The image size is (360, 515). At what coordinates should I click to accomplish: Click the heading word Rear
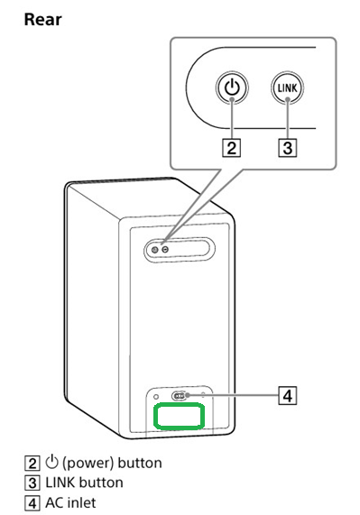pyautogui.click(x=42, y=20)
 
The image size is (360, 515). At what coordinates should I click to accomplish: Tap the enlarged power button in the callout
pyautogui.click(x=232, y=88)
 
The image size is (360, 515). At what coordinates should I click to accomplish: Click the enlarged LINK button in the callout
pyautogui.click(x=288, y=88)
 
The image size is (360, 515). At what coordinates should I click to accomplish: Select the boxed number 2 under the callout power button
pyautogui.click(x=232, y=148)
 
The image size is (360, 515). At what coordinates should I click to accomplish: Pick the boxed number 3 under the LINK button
pyautogui.click(x=288, y=148)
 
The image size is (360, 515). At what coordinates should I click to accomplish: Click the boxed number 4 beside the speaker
pyautogui.click(x=288, y=395)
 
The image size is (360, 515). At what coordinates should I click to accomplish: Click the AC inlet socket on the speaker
pyautogui.click(x=180, y=396)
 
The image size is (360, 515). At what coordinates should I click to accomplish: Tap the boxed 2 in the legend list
pyautogui.click(x=32, y=464)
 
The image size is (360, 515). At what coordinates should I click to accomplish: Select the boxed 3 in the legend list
pyautogui.click(x=32, y=483)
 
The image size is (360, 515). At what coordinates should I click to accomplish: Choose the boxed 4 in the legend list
pyautogui.click(x=32, y=503)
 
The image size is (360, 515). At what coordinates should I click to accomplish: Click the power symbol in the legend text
pyautogui.click(x=51, y=462)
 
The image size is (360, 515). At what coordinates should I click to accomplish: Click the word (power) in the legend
pyautogui.click(x=88, y=463)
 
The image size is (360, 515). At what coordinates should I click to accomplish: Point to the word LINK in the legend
pyautogui.click(x=60, y=483)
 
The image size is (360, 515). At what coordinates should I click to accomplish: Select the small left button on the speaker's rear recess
pyautogui.click(x=155, y=250)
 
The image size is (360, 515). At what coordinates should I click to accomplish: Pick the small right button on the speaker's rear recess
pyautogui.click(x=165, y=250)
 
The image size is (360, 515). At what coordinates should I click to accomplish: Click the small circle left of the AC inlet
pyautogui.click(x=156, y=397)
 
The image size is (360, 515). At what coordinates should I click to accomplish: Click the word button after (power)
pyautogui.click(x=140, y=463)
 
